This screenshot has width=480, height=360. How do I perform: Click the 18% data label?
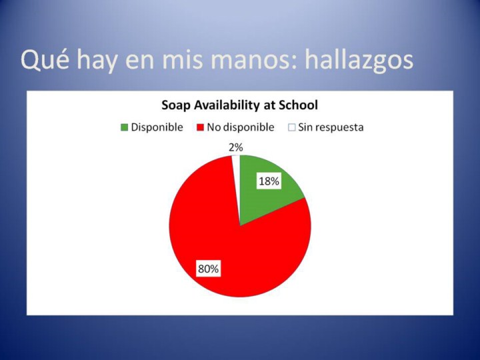pyautogui.click(x=269, y=181)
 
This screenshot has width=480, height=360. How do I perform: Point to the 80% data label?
pyautogui.click(x=208, y=269)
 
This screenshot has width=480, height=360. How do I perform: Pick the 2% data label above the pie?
pyautogui.click(x=236, y=147)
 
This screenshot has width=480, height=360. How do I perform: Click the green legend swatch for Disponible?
pyautogui.click(x=124, y=127)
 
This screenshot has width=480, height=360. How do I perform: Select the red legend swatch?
pyautogui.click(x=200, y=127)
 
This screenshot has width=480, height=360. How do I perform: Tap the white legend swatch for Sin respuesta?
pyautogui.click(x=292, y=127)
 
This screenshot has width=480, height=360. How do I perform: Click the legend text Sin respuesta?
pyautogui.click(x=331, y=127)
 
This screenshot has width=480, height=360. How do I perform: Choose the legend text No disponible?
pyautogui.click(x=241, y=127)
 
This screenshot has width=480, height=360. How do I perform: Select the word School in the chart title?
pyautogui.click(x=298, y=105)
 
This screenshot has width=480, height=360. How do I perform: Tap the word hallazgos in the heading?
pyautogui.click(x=359, y=61)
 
